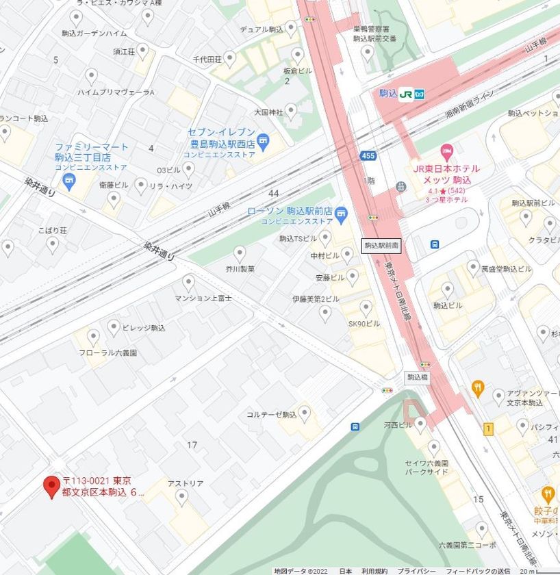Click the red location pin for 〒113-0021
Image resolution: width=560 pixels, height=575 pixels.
click(51, 487)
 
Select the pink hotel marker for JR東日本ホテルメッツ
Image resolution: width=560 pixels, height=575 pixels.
click(447, 149)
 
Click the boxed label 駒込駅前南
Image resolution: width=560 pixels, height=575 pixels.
click(381, 244)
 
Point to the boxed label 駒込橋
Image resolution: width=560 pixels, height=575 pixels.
click(417, 376)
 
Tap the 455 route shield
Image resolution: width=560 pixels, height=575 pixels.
click(368, 156)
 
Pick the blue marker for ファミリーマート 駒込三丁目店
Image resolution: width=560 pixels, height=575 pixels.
click(68, 181)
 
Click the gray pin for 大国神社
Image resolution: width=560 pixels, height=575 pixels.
click(291, 110)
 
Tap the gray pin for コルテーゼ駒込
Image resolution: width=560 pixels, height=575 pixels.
click(305, 413)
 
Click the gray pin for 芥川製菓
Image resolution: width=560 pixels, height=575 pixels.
click(240, 253)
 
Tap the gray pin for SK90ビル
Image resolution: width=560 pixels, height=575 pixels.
click(366, 307)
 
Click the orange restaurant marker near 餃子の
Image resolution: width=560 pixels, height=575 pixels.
click(548, 494)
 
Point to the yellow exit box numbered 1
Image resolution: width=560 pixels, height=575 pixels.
click(488, 429)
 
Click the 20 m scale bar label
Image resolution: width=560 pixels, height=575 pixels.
click(526, 571)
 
